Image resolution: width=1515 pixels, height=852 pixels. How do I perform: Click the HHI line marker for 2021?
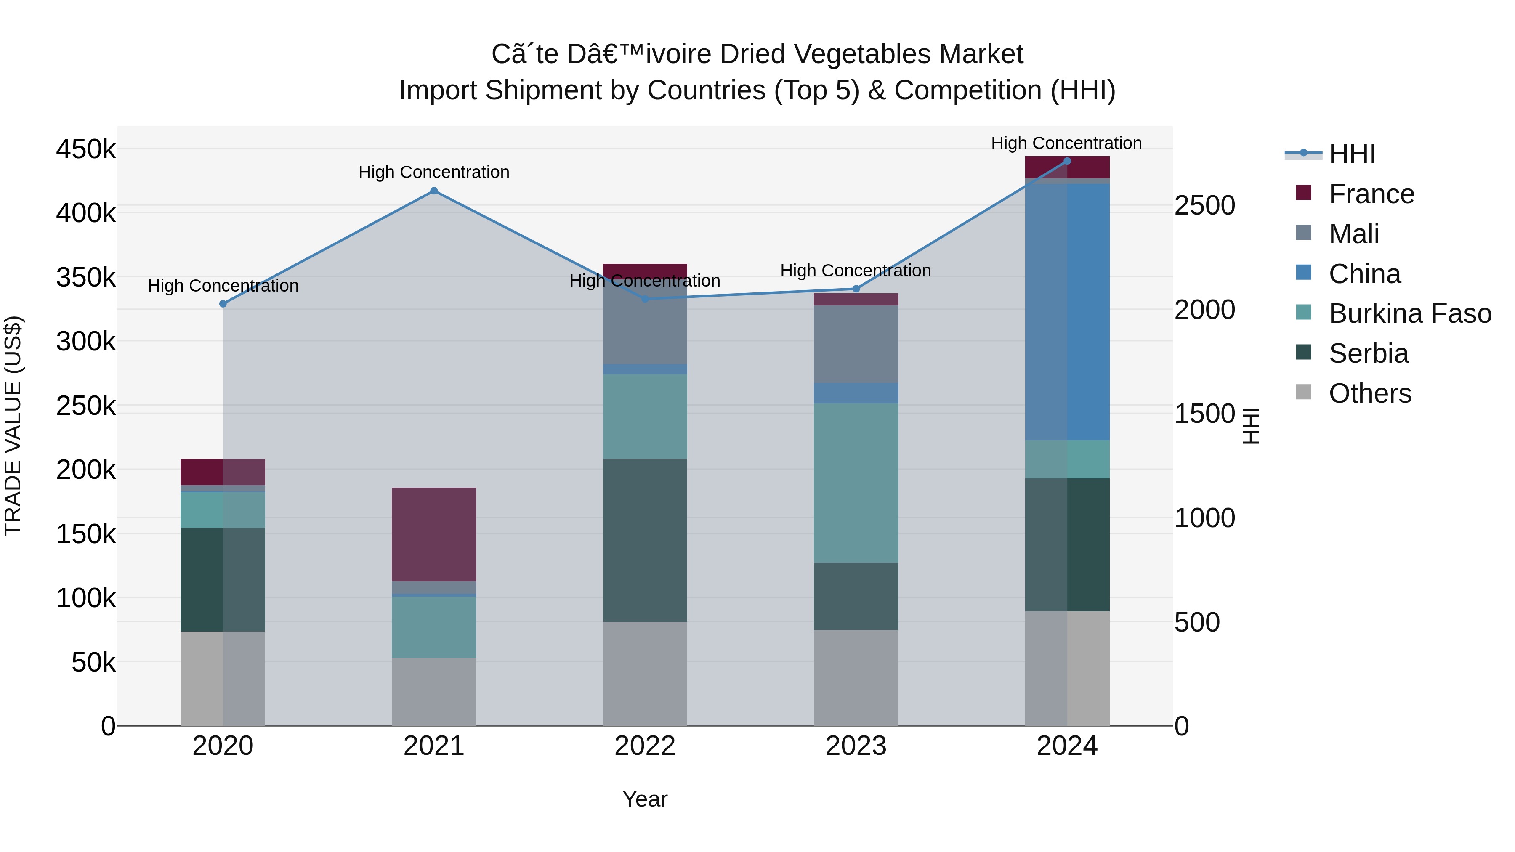coord(433,191)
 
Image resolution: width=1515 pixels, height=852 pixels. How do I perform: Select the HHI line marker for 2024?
coord(1067,161)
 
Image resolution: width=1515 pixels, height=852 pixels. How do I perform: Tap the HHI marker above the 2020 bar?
coord(223,304)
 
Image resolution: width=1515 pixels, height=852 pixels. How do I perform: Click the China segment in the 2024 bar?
coord(1067,312)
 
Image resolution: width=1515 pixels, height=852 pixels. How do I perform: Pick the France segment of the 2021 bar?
coord(433,534)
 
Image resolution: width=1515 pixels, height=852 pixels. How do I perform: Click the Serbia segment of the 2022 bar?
coord(645,540)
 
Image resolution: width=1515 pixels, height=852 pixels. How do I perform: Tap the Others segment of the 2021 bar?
coord(433,691)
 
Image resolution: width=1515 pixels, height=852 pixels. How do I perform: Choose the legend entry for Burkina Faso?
coord(1410,313)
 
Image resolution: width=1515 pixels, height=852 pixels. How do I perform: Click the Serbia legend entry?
coord(1368,353)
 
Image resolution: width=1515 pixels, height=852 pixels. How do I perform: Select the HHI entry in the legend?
coord(1351,154)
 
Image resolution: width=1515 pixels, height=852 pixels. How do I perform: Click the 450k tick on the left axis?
coord(86,149)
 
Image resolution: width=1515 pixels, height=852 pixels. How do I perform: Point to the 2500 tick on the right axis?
coord(1204,206)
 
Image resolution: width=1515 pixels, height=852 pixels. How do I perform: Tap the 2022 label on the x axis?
coord(645,746)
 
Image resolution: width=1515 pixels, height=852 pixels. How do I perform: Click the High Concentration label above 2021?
coord(433,172)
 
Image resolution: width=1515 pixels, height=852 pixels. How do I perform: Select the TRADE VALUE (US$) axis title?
coord(13,426)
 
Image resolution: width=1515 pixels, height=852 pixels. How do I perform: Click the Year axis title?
coord(645,799)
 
